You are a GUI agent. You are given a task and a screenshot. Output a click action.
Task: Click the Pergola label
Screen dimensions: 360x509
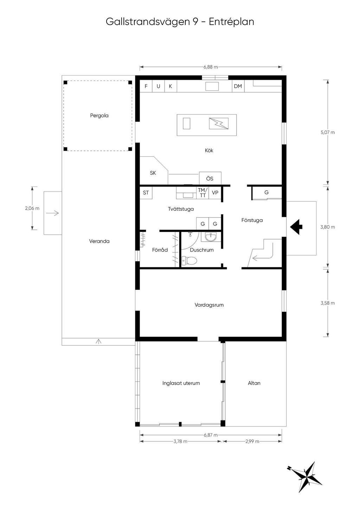[99, 116]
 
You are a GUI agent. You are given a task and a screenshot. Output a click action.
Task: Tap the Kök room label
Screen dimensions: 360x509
[209, 150]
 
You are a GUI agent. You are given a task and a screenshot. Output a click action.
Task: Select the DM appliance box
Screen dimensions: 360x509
[238, 86]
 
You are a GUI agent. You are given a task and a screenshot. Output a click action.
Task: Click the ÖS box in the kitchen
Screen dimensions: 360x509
[210, 178]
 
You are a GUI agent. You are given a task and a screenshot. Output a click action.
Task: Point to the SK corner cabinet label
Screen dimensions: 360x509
[153, 173]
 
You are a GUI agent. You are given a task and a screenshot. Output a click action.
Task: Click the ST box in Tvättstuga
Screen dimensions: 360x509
[146, 193]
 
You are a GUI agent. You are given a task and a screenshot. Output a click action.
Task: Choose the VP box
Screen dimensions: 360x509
[215, 193]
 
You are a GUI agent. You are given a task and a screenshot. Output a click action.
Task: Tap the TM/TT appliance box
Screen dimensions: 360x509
[202, 193]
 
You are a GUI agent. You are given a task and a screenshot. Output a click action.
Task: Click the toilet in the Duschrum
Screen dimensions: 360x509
[189, 261]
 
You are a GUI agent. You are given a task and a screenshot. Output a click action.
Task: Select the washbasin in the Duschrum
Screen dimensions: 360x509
[211, 237]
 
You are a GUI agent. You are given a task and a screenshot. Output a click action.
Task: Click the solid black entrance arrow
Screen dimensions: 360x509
[296, 227]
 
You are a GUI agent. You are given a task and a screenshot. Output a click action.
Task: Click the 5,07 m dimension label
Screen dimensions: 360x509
[328, 132]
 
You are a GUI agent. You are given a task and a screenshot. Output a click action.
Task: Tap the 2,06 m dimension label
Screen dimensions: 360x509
[32, 208]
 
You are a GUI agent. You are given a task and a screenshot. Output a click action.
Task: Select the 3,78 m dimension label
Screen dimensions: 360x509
[180, 441]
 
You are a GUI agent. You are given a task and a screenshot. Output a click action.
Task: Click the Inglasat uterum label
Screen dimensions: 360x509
[181, 383]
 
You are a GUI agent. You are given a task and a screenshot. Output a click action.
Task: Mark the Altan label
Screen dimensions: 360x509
[254, 383]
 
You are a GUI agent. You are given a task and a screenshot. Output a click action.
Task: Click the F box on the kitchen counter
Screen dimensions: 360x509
[146, 86]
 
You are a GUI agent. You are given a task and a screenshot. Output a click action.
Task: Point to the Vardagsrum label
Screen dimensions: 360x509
[209, 305]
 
